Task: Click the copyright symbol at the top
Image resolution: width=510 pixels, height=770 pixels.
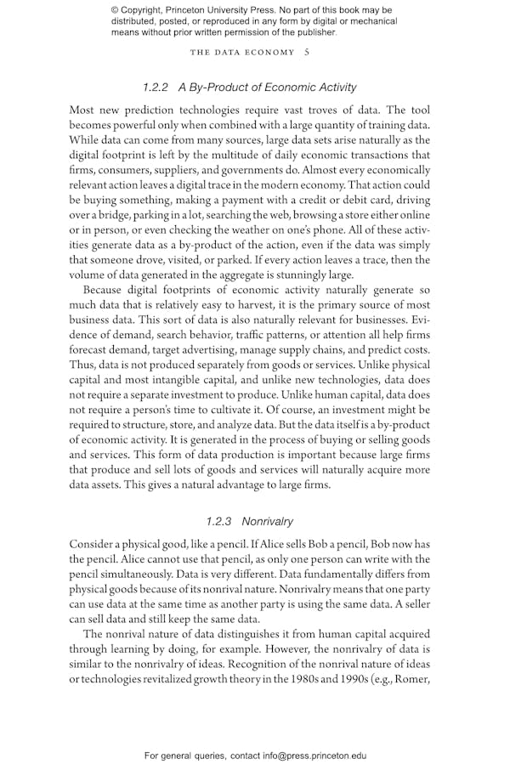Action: coord(116,10)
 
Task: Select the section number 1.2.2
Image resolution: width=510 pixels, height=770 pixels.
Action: coord(157,87)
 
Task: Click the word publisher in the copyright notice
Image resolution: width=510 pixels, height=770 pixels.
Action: coord(313,32)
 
